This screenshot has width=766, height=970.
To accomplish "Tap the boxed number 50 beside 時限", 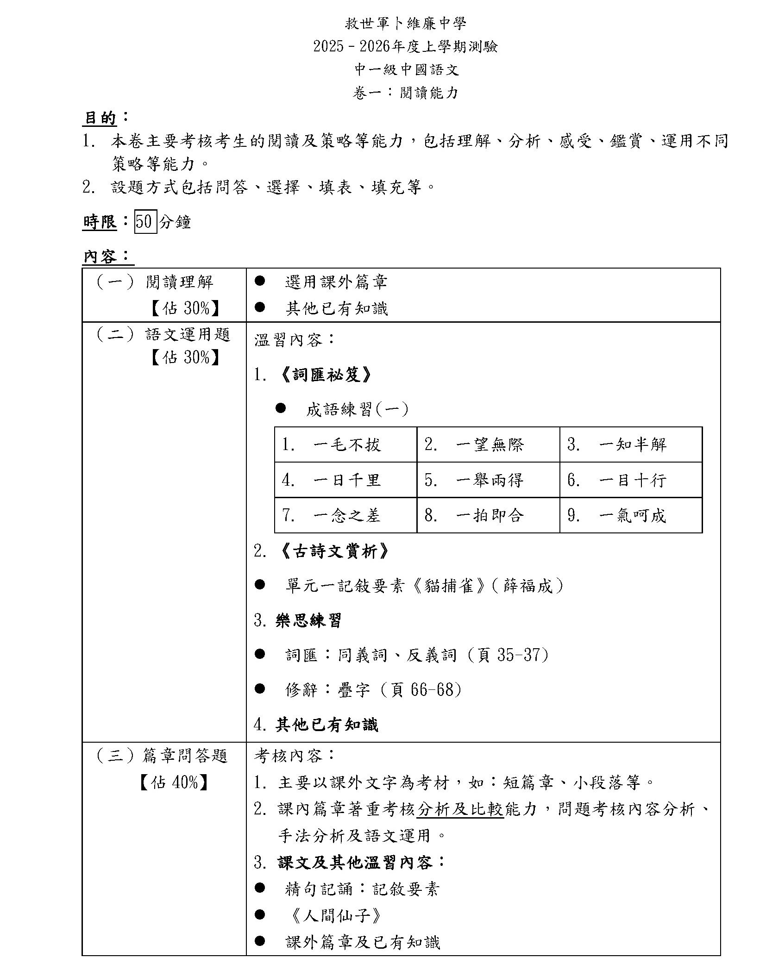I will point(145,222).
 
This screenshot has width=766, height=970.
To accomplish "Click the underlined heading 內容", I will point(100,256).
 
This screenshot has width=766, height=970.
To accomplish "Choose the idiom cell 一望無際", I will point(489,445).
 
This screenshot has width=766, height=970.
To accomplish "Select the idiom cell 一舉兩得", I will point(489,480).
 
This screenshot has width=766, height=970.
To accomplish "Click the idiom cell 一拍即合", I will point(489,515).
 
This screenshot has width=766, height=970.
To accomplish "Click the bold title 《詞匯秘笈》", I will point(326,375).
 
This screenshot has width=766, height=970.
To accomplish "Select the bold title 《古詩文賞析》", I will point(334,551).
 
